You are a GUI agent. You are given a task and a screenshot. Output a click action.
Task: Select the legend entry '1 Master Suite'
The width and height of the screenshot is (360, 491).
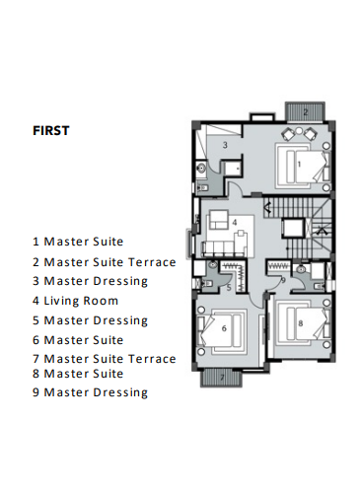(x=79, y=241)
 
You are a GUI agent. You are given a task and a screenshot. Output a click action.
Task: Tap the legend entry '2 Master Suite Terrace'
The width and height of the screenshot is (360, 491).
(x=104, y=261)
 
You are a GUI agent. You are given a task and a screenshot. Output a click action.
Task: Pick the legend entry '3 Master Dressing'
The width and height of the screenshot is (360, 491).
(x=90, y=281)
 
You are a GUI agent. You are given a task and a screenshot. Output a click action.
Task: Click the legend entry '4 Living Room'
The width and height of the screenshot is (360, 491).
(x=75, y=301)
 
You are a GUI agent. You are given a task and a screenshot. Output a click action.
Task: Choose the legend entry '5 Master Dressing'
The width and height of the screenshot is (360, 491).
(x=90, y=320)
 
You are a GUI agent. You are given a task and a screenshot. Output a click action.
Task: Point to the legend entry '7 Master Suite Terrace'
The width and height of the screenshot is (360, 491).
(x=104, y=359)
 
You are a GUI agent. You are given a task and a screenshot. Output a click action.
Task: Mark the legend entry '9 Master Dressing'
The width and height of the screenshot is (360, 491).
(x=90, y=392)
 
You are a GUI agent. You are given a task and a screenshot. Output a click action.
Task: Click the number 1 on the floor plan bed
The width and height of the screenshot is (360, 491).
(x=298, y=158)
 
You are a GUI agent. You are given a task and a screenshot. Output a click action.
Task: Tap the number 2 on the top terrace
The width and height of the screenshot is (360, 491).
(x=305, y=112)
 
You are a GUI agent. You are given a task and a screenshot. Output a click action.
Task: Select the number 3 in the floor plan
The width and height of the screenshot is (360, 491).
(x=224, y=145)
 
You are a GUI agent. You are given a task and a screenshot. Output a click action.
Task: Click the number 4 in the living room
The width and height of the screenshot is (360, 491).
(x=235, y=223)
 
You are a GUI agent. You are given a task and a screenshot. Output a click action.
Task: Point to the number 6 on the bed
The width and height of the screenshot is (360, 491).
(x=224, y=328)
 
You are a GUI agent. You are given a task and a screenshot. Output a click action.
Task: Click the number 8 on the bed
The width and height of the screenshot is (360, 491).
(x=300, y=322)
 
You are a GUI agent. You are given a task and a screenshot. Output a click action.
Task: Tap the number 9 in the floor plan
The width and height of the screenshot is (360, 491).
(x=282, y=281)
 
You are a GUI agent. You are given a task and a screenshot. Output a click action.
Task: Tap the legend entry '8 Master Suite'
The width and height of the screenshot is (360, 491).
(x=79, y=374)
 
